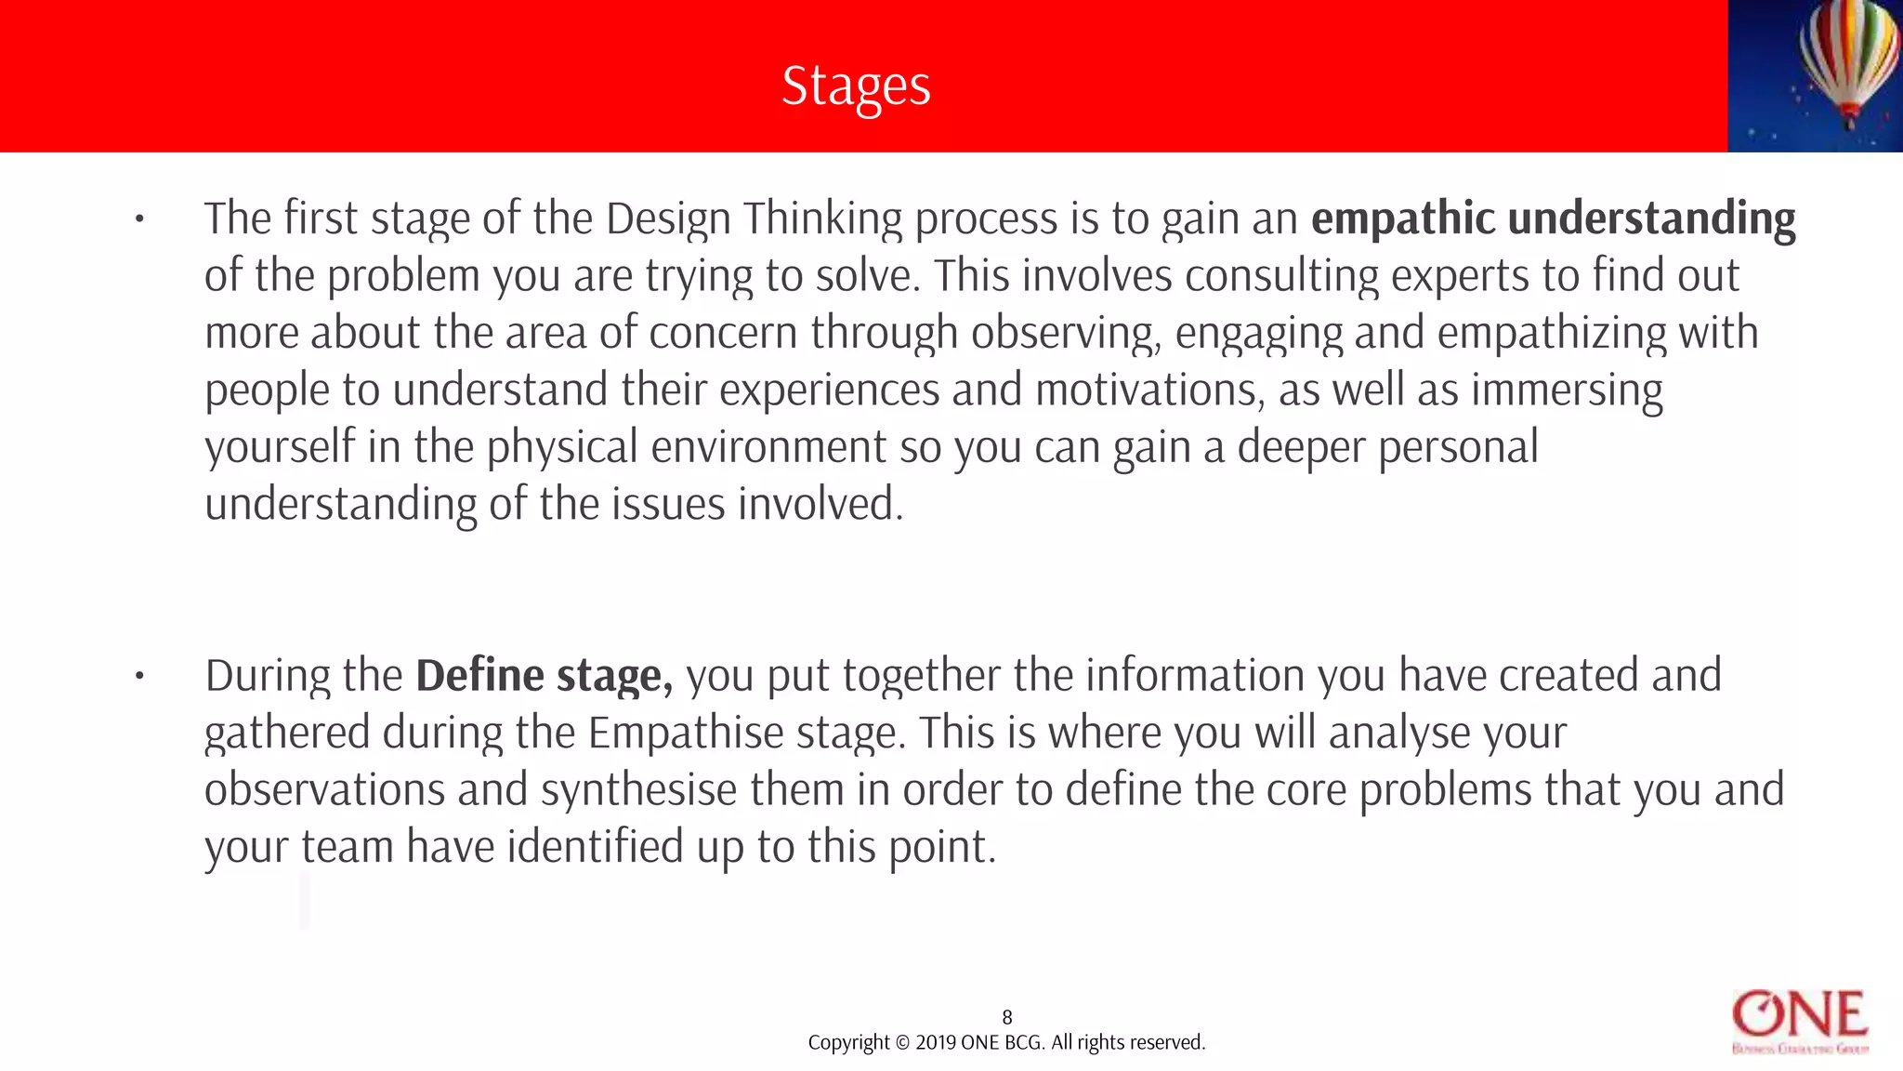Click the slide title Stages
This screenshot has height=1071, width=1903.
coord(856,86)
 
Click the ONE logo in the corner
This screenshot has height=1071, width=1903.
coord(1800,1021)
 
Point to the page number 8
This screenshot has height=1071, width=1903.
coord(1006,1017)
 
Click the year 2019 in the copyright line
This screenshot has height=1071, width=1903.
coord(936,1042)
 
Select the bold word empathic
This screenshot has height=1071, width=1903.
coord(1403,218)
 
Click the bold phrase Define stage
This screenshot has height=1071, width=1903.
coord(544,676)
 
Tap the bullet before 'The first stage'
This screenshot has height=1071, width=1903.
coord(139,220)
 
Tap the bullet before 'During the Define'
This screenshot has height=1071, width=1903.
coord(139,677)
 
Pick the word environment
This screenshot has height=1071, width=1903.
coord(768,447)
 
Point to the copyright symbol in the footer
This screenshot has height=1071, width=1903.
coord(901,1042)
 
